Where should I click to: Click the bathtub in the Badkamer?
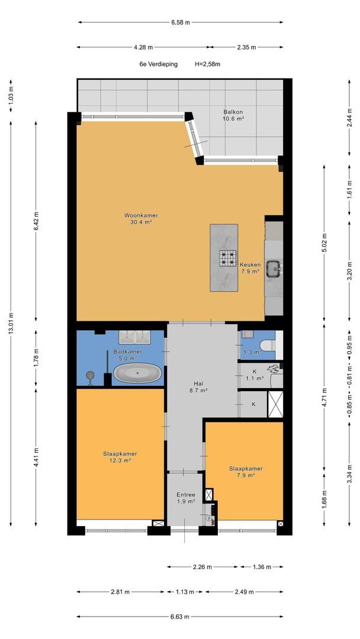pos(137,373)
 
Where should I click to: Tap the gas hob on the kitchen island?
pos(229,258)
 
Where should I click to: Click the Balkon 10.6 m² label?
pos(233,115)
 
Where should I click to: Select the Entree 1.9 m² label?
pos(185,498)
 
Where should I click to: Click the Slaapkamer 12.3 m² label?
pos(120,457)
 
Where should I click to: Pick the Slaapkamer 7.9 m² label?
pos(246,472)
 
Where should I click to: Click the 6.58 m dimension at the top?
pos(181,22)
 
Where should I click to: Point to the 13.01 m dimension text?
pos(11,324)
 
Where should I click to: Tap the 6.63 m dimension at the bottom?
pos(180,617)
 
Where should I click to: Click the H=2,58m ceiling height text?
pos(208,64)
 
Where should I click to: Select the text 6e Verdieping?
pos(158,64)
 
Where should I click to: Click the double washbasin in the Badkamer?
pos(134,337)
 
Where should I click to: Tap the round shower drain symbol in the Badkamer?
pos(89,375)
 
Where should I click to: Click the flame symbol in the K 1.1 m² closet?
pos(272,369)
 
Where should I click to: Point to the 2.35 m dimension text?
pos(247,47)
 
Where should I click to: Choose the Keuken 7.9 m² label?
pos(250,268)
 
